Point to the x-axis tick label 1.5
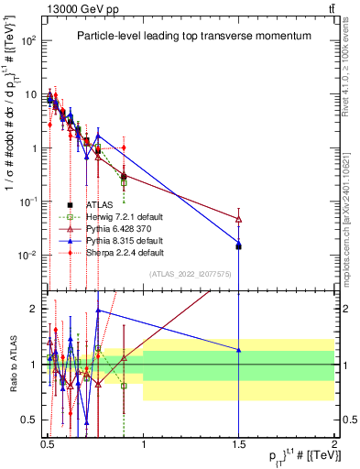[x=238, y=442]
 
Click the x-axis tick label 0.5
[x=48, y=442]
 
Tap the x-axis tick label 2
[x=334, y=442]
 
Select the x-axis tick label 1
[x=143, y=442]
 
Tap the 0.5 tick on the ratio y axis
[x=32, y=420]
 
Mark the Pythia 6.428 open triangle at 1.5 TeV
[x=239, y=219]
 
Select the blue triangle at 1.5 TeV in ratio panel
[x=239, y=350]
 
